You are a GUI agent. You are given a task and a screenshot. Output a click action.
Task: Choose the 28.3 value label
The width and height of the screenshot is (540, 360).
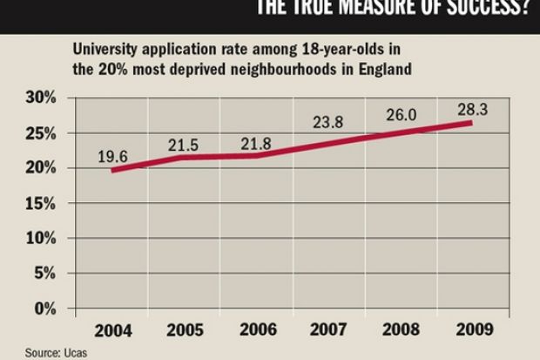[x=472, y=108]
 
